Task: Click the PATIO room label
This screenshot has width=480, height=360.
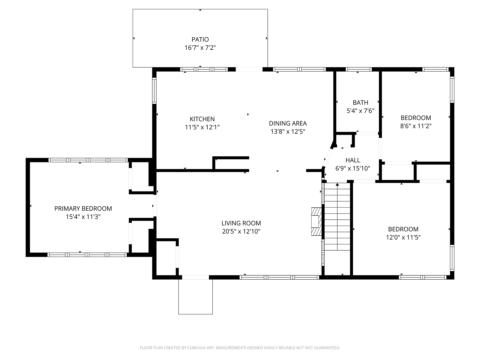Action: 200,40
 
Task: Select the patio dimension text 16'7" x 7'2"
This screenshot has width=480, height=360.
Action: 200,48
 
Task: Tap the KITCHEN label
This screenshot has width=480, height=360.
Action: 202,119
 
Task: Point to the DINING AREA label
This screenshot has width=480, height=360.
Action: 288,123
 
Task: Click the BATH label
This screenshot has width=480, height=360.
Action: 360,103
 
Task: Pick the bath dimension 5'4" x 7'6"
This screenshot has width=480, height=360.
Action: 360,111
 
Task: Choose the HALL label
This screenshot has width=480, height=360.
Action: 353,160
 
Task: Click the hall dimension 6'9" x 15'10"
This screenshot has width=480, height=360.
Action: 353,169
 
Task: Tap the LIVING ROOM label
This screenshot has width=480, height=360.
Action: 241,223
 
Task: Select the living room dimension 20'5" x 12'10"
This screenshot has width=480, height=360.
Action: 241,231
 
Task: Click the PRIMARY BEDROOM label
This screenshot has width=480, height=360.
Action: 83,209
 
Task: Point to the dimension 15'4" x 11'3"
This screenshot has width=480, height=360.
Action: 83,217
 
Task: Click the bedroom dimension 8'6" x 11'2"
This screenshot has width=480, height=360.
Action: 416,126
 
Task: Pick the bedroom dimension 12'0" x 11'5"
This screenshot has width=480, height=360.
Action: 403,237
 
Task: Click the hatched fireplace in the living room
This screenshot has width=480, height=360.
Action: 316,221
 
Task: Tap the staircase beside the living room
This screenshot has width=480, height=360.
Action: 337,217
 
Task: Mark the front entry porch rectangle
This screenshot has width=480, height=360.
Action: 195,297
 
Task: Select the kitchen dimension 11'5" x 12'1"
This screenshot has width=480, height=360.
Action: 202,127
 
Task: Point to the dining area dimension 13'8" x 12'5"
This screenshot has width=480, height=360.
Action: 288,132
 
